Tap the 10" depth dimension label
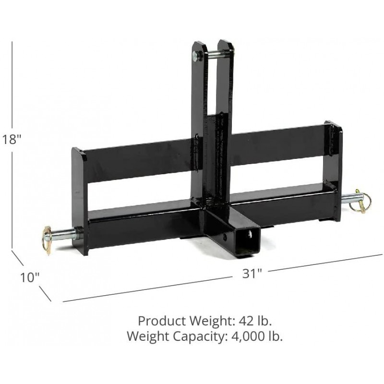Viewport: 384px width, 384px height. coord(29,277)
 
